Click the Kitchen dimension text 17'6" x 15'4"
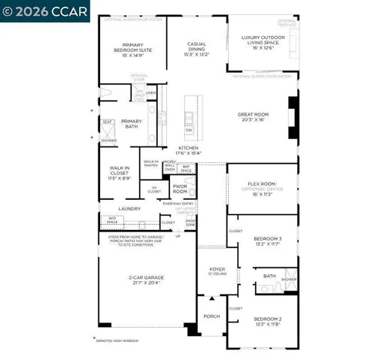(188, 153)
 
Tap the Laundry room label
(129, 209)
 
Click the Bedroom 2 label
(267, 320)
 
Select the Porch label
(211, 316)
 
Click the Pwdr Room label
(180, 188)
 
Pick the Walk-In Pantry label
(151, 162)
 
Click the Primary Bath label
(131, 124)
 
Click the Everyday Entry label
(178, 203)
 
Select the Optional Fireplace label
(287, 23)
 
